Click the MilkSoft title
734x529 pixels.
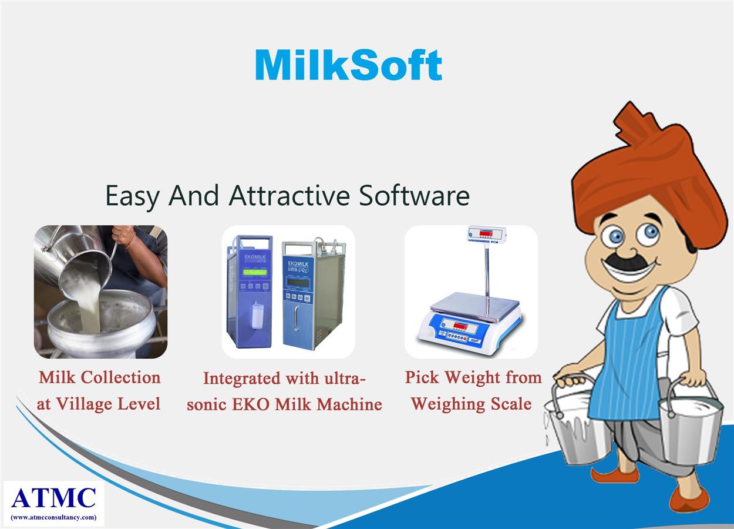pyautogui.click(x=349, y=65)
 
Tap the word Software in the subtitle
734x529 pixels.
pyautogui.click(x=414, y=196)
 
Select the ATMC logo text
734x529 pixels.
pyautogui.click(x=54, y=497)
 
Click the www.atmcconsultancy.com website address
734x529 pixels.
pyautogui.click(x=54, y=517)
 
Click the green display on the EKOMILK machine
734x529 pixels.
pyautogui.click(x=255, y=272)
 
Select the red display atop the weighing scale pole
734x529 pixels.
pyautogui.click(x=486, y=233)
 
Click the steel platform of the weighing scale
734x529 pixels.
pyautogui.click(x=475, y=306)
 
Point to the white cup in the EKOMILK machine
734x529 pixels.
pyautogui.click(x=257, y=316)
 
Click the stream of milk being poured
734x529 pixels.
pyautogui.click(x=88, y=307)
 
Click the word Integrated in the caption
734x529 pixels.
pyautogui.click(x=242, y=379)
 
